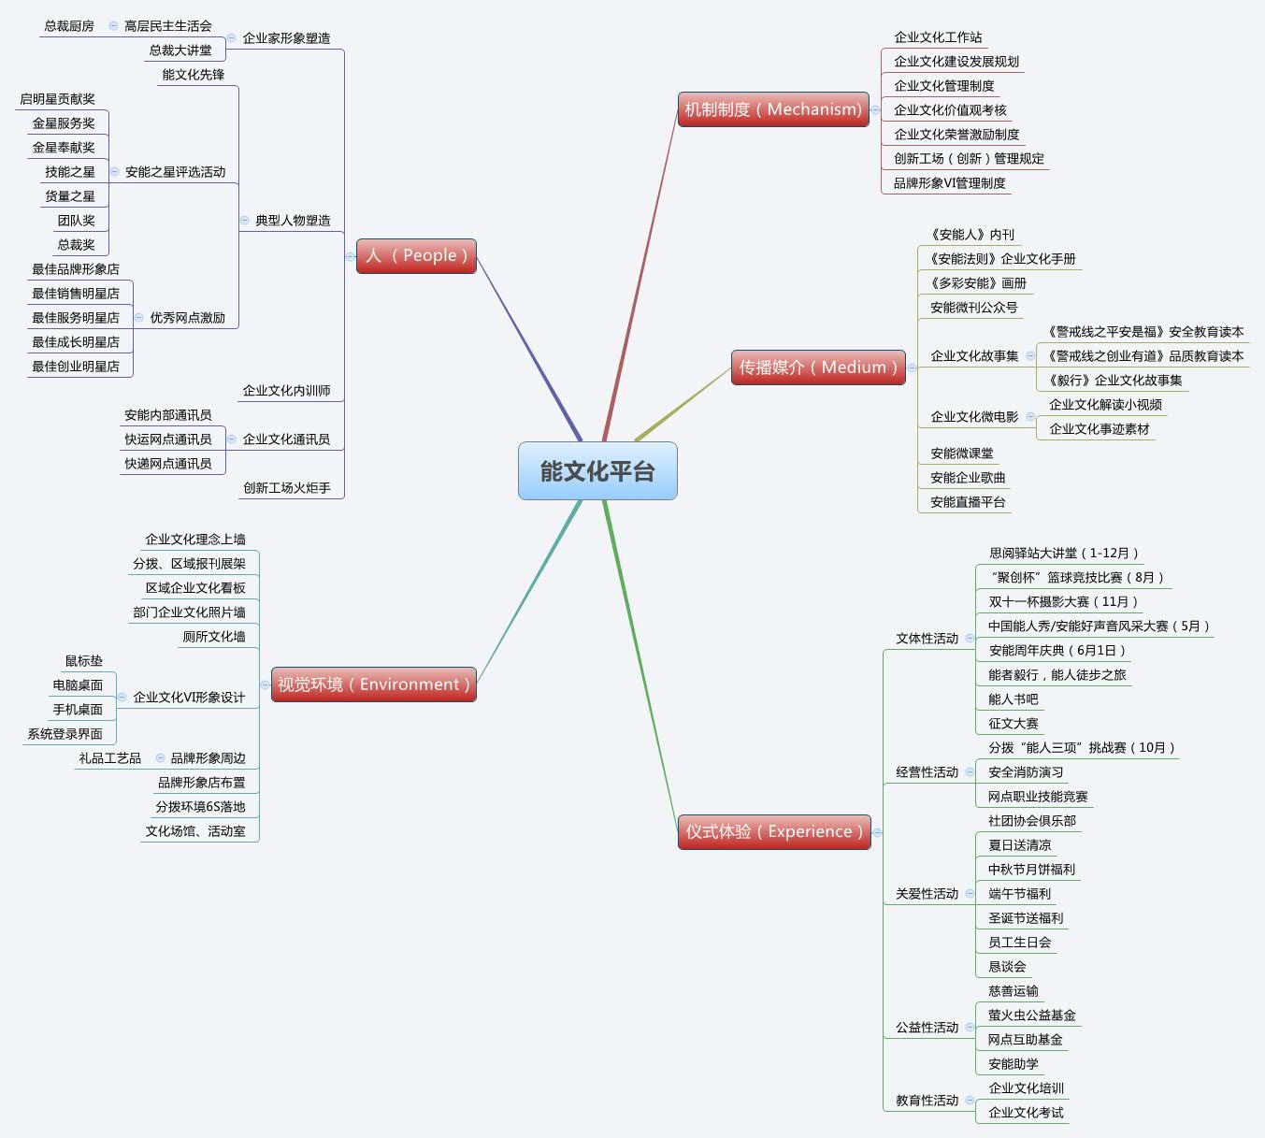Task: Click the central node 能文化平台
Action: click(597, 471)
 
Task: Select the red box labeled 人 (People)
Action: click(416, 256)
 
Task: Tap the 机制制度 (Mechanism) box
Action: click(773, 109)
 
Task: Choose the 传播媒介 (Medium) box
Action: click(818, 367)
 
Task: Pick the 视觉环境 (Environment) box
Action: click(374, 684)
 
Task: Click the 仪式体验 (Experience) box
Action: click(774, 831)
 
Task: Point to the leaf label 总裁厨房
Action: click(69, 26)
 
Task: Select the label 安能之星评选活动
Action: click(175, 172)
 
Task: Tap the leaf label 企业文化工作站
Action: click(938, 37)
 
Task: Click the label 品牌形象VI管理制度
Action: click(949, 183)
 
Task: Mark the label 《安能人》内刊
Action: click(971, 235)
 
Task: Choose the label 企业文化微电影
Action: click(974, 417)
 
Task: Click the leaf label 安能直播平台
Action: click(968, 502)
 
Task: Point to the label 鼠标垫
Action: click(84, 661)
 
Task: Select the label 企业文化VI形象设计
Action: click(189, 698)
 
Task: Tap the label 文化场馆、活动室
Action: click(195, 831)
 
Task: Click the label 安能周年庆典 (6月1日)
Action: click(1057, 651)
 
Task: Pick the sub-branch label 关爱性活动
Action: click(927, 894)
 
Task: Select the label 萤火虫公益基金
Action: click(1031, 1016)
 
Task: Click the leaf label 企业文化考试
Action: click(1026, 1113)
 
